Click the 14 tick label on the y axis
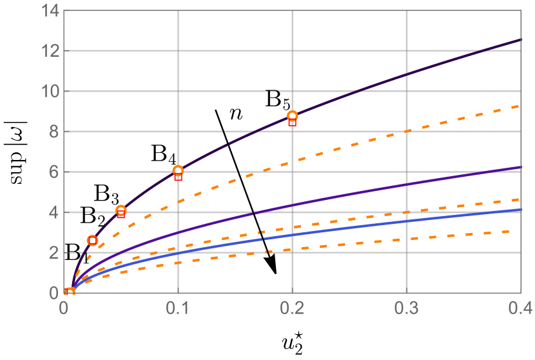(x=49, y=11)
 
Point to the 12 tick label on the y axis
(x=49, y=51)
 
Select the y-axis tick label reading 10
(x=49, y=92)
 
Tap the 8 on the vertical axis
(x=53, y=132)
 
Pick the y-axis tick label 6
(x=53, y=172)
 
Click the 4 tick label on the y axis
(x=53, y=212)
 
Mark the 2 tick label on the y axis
(x=53, y=253)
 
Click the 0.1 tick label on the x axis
(x=178, y=308)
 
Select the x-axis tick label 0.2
(x=292, y=308)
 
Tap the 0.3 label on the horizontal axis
(x=406, y=308)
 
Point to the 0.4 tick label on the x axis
(x=520, y=308)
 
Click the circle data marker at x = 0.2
(x=293, y=116)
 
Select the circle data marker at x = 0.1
(x=179, y=171)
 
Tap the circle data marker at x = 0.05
(x=121, y=210)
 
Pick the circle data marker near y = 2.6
(x=92, y=240)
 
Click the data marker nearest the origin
(x=70, y=292)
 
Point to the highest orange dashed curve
(x=451, y=117)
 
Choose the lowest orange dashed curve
(x=451, y=235)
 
